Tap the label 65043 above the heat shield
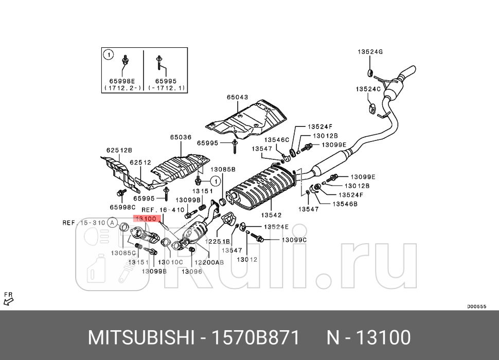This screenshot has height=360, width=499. tap(237, 97)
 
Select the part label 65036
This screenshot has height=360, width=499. tap(181, 137)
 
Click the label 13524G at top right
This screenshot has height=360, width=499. tap(370, 52)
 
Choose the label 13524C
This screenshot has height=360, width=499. tap(368, 89)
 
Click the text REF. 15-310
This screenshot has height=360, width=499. tap(83, 223)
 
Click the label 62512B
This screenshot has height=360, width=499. tap(119, 150)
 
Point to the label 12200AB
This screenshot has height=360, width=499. tap(212, 262)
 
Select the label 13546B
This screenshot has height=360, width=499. tap(344, 204)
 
